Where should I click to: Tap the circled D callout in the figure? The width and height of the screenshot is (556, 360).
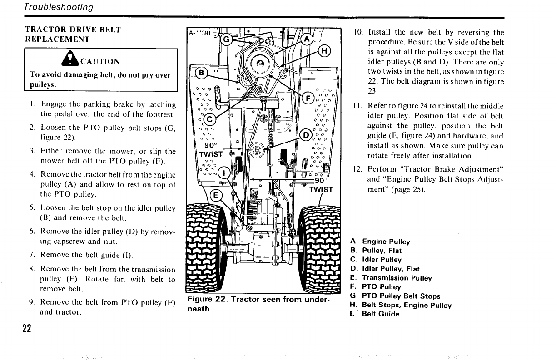306,135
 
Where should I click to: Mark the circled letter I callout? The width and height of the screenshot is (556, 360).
224,172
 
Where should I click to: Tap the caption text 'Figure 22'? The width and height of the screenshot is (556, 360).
207,300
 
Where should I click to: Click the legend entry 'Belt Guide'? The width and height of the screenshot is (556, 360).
380,314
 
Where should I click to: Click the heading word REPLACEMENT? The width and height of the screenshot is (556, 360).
58,39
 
